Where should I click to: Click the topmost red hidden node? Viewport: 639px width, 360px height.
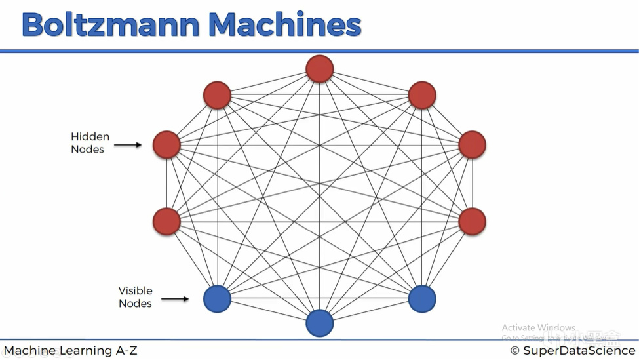click(320, 69)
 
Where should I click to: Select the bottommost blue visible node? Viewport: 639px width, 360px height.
click(320, 323)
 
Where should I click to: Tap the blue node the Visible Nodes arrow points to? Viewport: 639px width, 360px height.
click(218, 298)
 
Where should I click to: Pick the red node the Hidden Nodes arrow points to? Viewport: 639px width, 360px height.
click(166, 145)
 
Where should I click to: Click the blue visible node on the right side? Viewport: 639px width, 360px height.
click(422, 298)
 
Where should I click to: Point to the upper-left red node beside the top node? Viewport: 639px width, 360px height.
click(218, 95)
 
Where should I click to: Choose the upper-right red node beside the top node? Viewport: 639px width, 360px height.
click(422, 95)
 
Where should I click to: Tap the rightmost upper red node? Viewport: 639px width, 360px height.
click(473, 145)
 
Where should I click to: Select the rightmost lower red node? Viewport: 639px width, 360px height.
click(473, 222)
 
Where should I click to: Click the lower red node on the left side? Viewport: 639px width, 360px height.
click(166, 222)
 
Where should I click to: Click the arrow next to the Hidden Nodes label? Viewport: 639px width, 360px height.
click(128, 144)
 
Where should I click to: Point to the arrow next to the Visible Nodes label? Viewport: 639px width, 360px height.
click(175, 299)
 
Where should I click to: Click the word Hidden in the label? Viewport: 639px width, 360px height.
click(90, 137)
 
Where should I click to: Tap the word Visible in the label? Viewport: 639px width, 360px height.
click(135, 290)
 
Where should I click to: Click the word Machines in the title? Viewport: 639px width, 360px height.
click(285, 25)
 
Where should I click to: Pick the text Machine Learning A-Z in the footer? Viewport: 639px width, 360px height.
click(71, 351)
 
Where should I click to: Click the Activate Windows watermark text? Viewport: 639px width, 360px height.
click(538, 328)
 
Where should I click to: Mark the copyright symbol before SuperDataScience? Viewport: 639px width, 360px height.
click(515, 351)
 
